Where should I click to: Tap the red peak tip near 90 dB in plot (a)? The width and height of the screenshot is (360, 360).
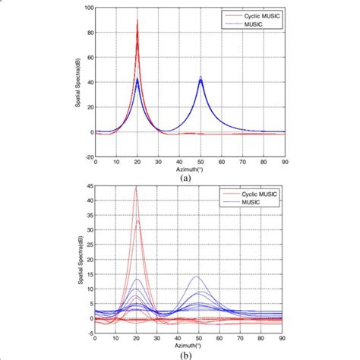click(x=137, y=21)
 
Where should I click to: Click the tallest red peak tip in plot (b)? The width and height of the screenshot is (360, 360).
click(x=137, y=187)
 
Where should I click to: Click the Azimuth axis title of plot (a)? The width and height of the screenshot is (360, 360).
click(x=190, y=169)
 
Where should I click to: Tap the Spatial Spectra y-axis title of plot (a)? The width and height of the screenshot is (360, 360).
click(x=78, y=82)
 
